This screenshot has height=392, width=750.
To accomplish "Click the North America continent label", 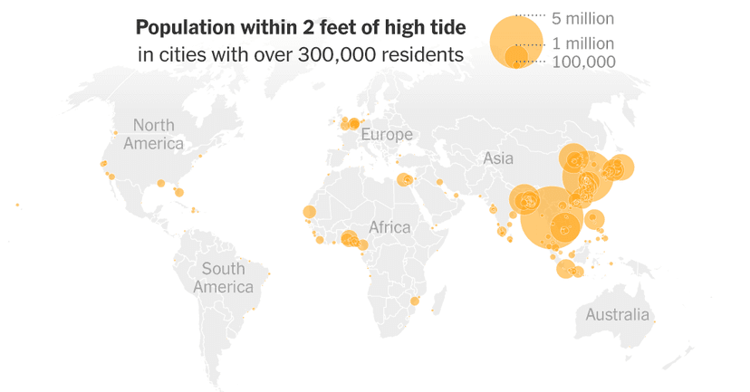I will click(x=153, y=134).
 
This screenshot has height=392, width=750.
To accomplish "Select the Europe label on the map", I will click(x=386, y=135).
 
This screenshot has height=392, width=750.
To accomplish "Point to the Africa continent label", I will click(x=389, y=227).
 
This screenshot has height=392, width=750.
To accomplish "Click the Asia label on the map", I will click(x=498, y=158).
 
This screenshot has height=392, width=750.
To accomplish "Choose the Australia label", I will click(x=617, y=315).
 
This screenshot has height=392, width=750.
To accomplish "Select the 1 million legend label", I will click(x=582, y=43).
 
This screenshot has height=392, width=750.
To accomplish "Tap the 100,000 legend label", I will click(x=584, y=62).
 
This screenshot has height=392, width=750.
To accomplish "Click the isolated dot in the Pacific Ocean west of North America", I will click(x=17, y=205).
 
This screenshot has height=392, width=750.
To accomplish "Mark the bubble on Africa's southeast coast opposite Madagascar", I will click(x=415, y=301).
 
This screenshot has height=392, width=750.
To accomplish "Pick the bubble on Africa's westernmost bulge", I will click(x=309, y=213).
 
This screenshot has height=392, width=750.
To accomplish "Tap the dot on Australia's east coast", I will click(x=655, y=320).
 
